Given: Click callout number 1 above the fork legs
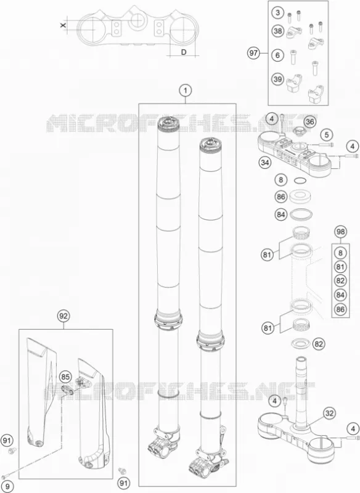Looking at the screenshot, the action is point(186,91).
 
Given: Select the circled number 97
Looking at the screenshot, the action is point(253,53).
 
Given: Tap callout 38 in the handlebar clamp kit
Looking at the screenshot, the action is point(277,31).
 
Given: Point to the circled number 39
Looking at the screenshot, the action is point(277,79).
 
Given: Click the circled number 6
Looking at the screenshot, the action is point(277,55).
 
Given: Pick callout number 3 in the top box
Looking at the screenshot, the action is point(277,12).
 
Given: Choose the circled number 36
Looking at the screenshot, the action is point(309,121).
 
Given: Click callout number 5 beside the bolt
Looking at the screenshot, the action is point(327,135).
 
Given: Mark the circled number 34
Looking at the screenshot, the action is point(264,163).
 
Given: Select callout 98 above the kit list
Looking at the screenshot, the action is point(340,232).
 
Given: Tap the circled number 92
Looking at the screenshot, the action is point(63,316).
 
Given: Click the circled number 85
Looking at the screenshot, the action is point(65,377).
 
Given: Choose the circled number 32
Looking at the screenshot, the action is point(329,413).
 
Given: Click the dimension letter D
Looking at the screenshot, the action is point(184,52).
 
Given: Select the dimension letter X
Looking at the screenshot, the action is point(63,25).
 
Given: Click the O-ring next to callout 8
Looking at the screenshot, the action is point(300,181).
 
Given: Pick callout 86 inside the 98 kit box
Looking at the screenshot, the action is point(340,309).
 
